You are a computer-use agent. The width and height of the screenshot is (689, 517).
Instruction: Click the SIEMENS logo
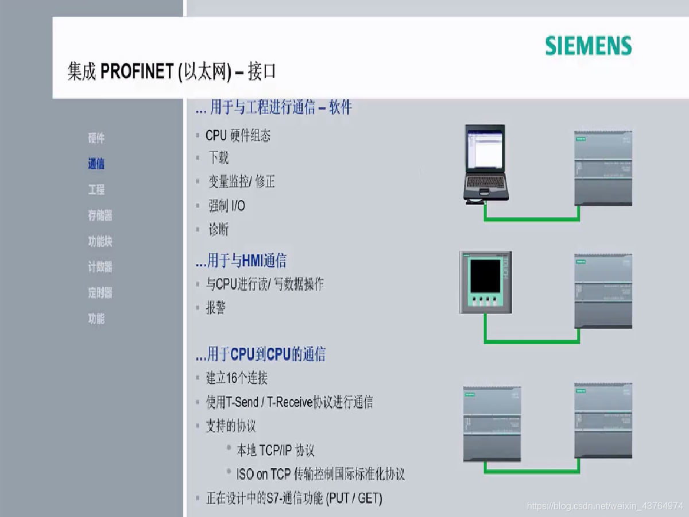(588, 45)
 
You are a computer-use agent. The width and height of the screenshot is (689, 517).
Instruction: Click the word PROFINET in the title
(137, 72)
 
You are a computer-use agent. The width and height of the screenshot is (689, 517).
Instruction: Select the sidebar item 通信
(96, 164)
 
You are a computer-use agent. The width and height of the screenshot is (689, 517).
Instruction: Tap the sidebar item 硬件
(96, 138)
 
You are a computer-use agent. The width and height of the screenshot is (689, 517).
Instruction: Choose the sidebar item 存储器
(100, 215)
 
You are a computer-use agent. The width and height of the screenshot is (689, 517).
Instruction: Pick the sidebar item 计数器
(100, 267)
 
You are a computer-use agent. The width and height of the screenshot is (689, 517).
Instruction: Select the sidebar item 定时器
(100, 292)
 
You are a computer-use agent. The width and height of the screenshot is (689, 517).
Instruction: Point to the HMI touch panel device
(485, 282)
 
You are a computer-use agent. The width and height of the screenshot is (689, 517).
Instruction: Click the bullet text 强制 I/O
(227, 206)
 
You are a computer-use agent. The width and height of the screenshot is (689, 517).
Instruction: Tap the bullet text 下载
(219, 157)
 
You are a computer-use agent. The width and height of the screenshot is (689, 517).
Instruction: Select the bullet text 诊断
(219, 230)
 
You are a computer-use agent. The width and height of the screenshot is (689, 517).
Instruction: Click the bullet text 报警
(216, 308)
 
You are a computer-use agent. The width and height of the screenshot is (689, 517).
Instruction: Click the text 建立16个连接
(237, 378)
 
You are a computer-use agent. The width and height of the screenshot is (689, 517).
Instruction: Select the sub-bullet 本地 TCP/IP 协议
(276, 450)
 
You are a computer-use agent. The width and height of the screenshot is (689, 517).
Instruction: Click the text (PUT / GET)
(354, 497)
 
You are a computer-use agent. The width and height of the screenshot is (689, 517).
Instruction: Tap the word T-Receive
(289, 402)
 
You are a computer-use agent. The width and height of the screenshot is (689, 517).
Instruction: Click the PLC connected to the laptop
(603, 168)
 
